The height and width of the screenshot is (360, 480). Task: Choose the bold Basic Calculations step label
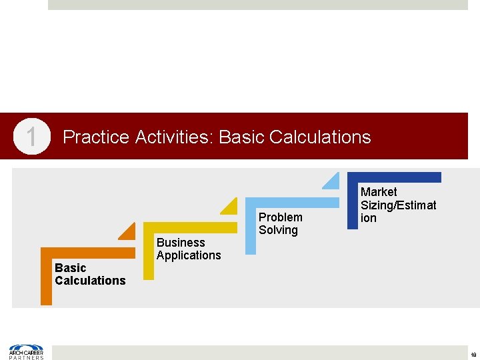[x=89, y=274]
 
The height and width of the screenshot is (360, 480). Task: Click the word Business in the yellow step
[x=181, y=243]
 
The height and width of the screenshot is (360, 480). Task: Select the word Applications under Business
[x=189, y=255]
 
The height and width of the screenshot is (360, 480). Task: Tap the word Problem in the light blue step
[x=280, y=217]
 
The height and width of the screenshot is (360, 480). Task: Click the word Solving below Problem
[x=278, y=230]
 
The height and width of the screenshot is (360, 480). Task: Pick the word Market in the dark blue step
[x=379, y=192]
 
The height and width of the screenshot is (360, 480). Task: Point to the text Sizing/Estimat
[x=398, y=205]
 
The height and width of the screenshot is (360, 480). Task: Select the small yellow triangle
[x=231, y=207]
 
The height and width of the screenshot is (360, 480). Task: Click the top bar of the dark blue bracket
[x=394, y=177]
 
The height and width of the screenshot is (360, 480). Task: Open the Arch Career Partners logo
[x=26, y=351]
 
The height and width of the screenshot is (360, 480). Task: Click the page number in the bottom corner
[x=473, y=354]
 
